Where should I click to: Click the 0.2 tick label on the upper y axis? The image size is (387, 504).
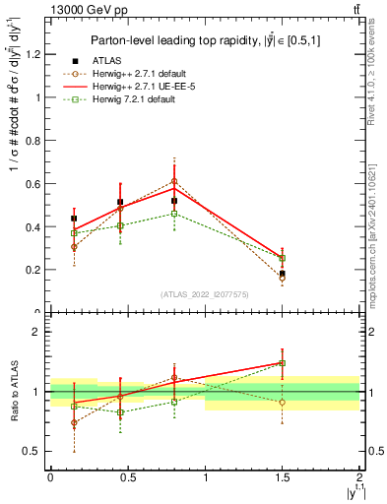click(x=33, y=270)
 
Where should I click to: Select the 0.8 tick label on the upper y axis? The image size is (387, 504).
click(x=33, y=141)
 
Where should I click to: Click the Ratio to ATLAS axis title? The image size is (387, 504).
click(x=14, y=392)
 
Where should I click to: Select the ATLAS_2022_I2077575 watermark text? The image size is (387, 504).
click(x=205, y=294)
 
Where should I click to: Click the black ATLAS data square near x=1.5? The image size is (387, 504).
click(x=283, y=274)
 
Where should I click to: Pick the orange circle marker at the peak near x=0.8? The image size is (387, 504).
click(x=174, y=181)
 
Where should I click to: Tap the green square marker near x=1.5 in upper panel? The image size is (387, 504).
click(x=283, y=259)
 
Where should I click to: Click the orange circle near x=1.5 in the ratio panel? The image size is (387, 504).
click(x=283, y=402)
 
